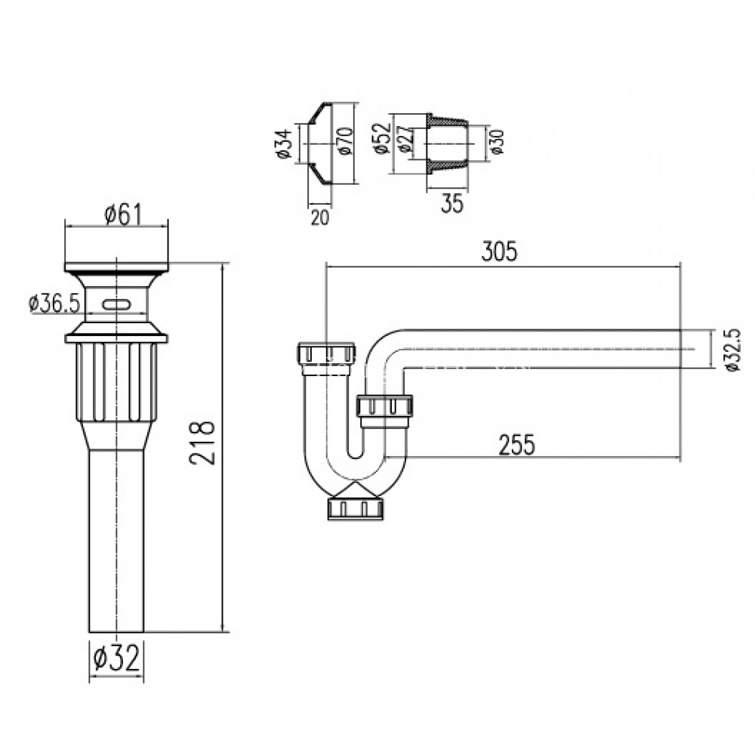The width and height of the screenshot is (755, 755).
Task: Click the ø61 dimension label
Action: pos(117,214)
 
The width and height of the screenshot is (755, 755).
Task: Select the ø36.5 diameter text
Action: pos(53,304)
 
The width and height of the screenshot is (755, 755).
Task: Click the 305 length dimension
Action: pos(499,252)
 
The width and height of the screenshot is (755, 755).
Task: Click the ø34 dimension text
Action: pos(285,143)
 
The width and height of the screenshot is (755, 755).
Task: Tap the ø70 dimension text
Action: pos(347,142)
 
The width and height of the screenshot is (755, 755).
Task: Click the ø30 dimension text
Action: pos(496,142)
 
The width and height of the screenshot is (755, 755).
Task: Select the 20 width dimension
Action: pos(320,217)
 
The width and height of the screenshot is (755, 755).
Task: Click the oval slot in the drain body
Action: pos(117,304)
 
